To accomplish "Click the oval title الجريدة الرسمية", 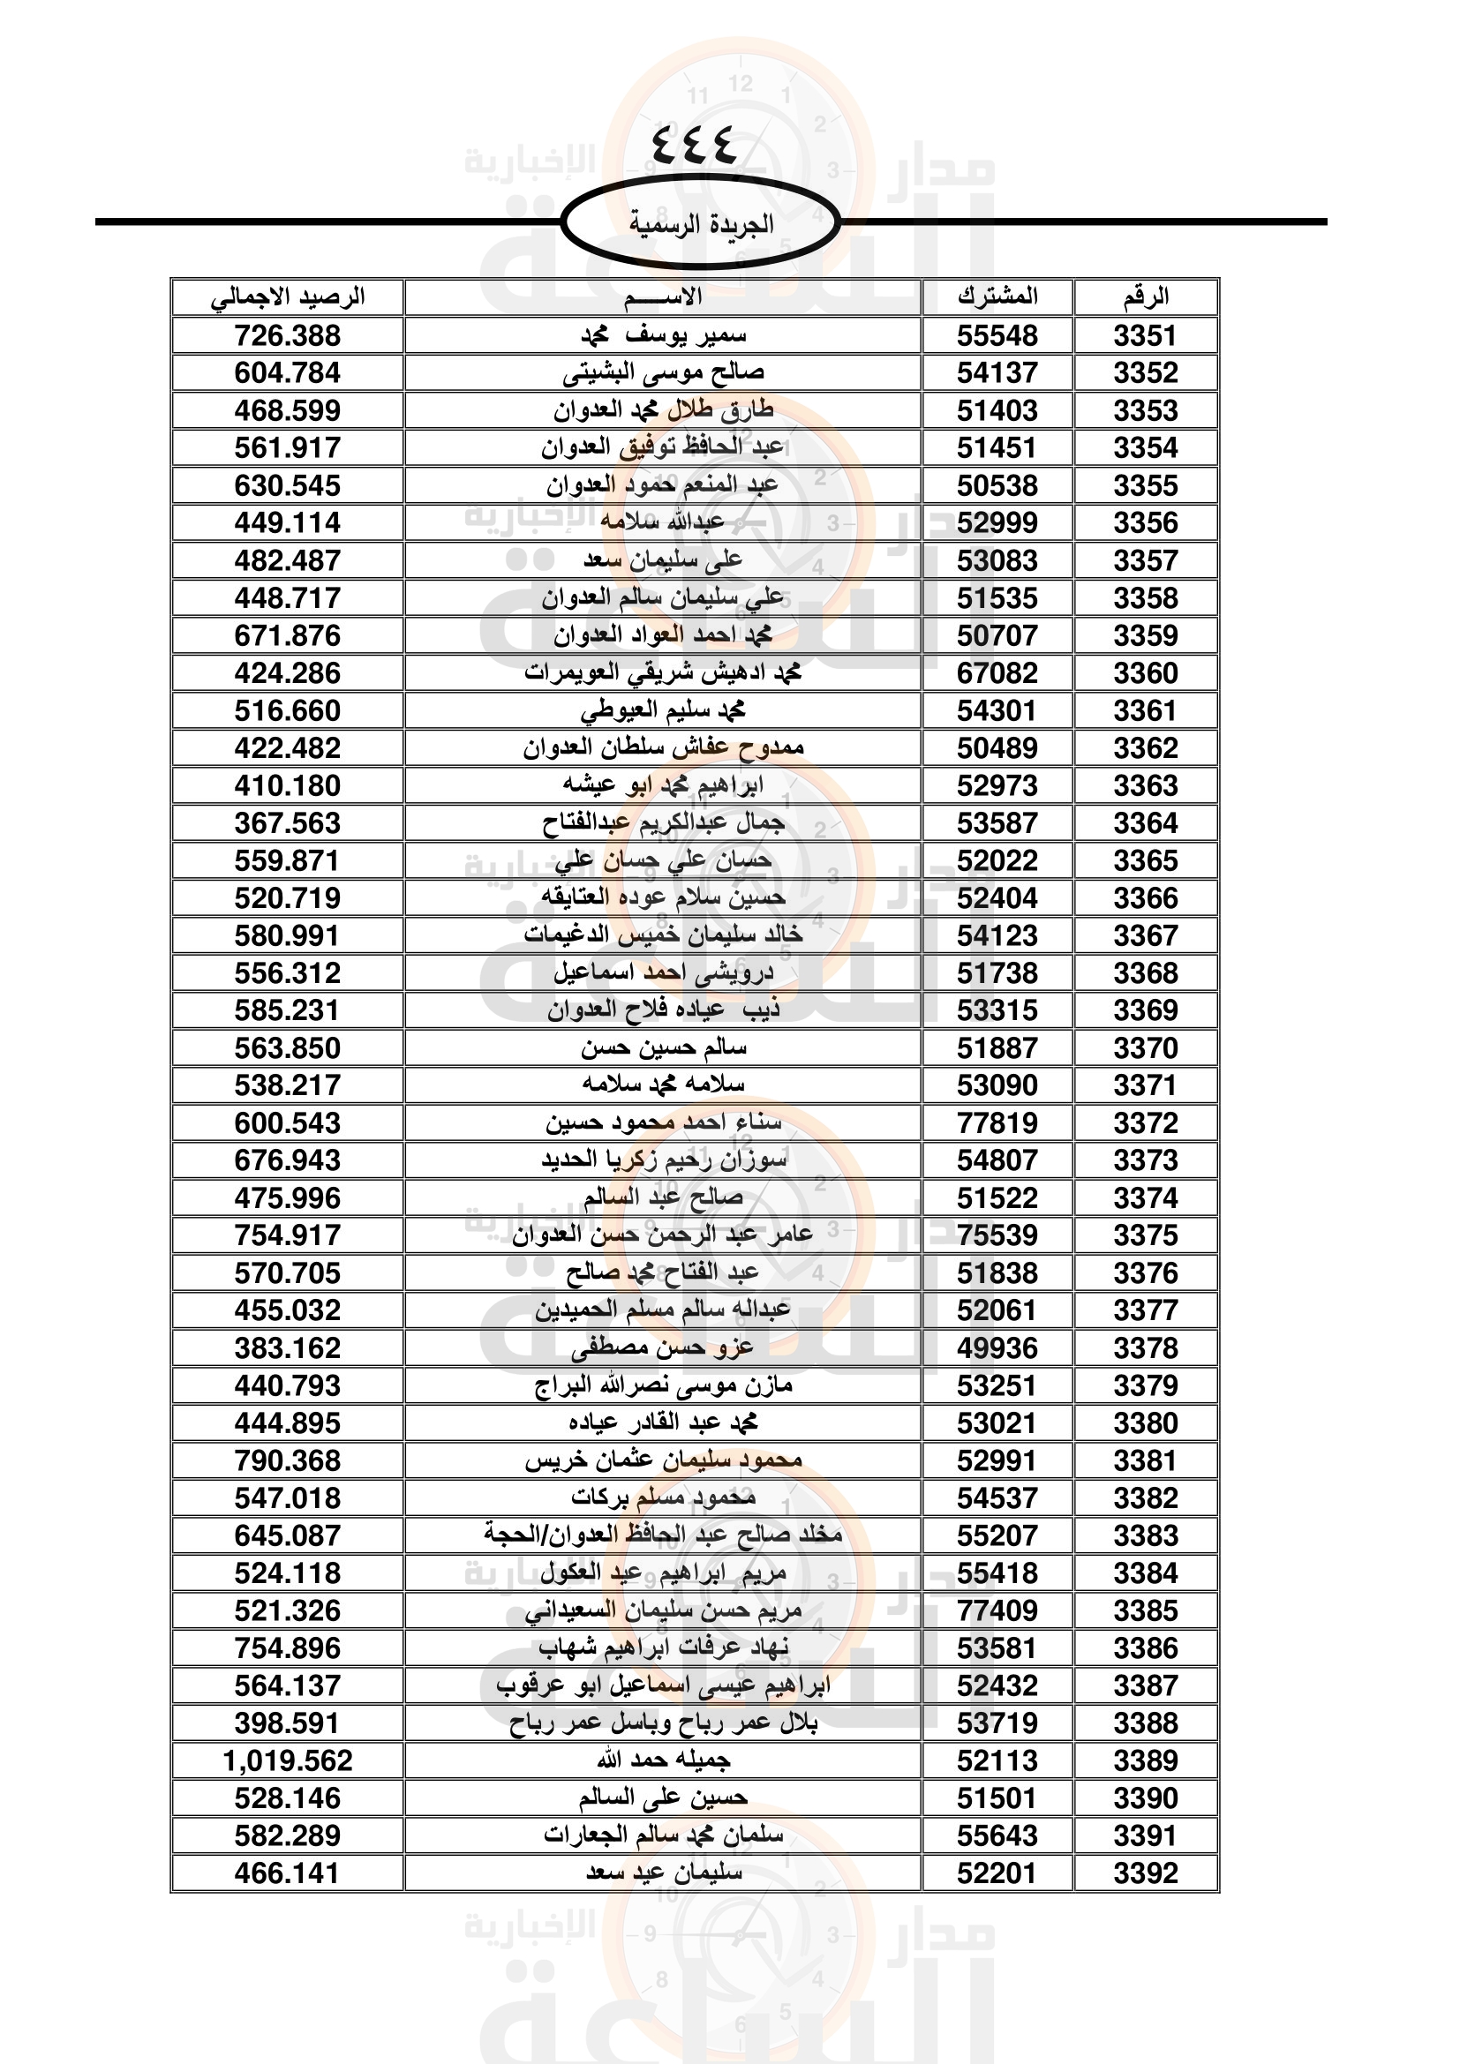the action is click(700, 223).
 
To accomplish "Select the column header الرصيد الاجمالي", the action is click(288, 296).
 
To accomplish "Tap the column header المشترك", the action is click(997, 296).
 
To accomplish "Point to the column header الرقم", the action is click(1146, 296).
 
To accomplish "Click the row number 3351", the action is click(1146, 336).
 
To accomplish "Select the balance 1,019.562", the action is click(288, 1761).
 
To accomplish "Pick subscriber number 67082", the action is click(997, 673).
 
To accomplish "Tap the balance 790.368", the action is click(288, 1460).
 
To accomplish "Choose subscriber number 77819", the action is click(997, 1123).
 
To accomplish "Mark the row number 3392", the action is click(1146, 1873).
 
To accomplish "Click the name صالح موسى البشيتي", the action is click(664, 373).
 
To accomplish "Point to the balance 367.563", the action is click(288, 823).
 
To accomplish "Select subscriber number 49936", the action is click(997, 1348).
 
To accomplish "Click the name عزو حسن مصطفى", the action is click(664, 1348).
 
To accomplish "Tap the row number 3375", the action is click(1146, 1236).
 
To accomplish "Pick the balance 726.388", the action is click(288, 336).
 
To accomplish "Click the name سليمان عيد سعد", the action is click(664, 1873).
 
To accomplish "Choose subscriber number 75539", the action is click(997, 1236).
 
